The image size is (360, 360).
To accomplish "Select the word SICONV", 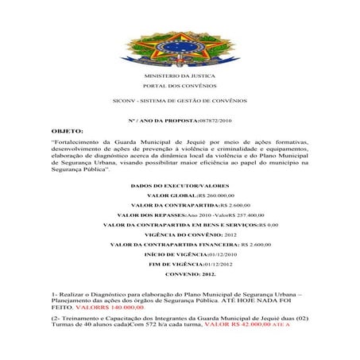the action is pyautogui.click(x=125, y=101).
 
